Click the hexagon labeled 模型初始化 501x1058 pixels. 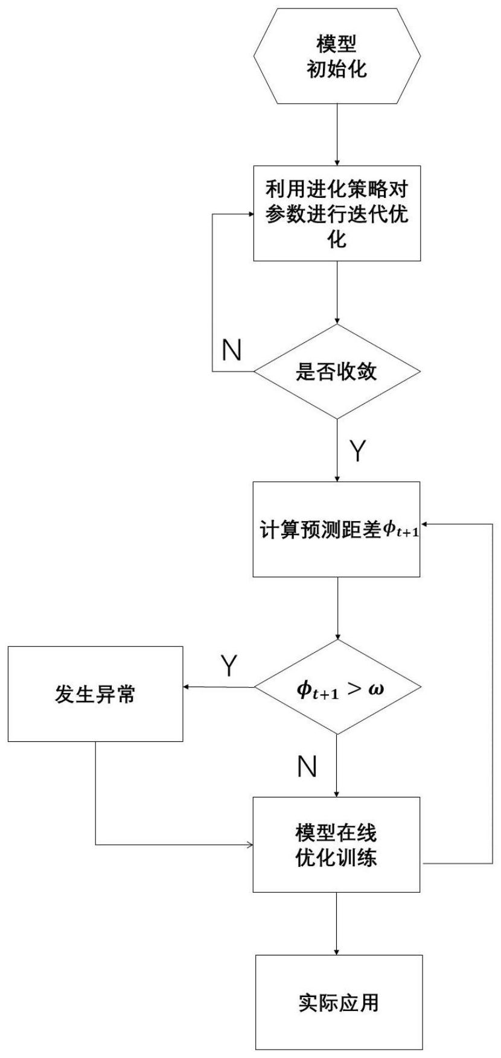337,55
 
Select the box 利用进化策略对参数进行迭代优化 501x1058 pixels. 337,214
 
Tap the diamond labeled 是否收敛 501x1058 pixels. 337,371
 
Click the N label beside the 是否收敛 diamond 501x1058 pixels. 231,349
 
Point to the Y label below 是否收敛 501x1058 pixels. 358,450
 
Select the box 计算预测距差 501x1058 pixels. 337,529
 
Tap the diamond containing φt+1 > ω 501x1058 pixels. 337,687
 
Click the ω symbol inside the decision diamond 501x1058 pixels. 375,688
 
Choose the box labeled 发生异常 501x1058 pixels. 95,694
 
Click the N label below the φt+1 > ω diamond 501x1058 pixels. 307,767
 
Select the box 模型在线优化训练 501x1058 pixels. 337,844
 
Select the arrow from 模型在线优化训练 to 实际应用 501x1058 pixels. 337,923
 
